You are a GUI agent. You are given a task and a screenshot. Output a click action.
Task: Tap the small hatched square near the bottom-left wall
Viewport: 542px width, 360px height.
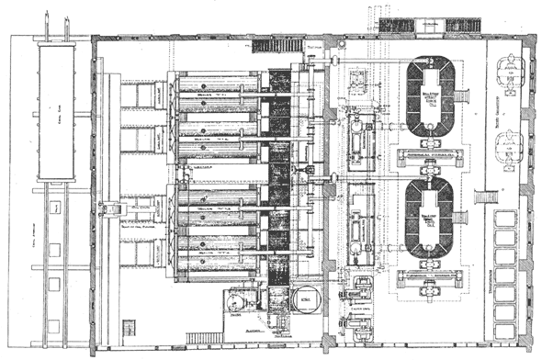click(129, 326)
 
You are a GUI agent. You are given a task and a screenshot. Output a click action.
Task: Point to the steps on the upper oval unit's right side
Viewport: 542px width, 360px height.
click(462, 96)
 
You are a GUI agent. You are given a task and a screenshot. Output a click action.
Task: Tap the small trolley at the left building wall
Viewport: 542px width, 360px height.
click(116, 210)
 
